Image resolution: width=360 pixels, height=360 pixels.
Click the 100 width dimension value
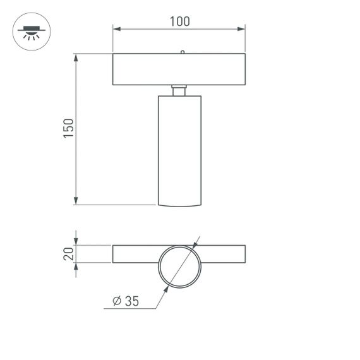(179, 21)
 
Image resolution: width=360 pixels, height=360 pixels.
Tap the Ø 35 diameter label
(125, 301)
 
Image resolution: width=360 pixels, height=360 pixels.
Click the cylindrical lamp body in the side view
(179, 148)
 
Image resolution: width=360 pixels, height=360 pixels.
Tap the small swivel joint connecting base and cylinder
(179, 90)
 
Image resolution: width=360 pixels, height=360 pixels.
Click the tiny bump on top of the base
(182, 52)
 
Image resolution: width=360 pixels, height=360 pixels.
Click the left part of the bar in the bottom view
(134, 254)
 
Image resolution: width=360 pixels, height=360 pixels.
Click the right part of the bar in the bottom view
(224, 254)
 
